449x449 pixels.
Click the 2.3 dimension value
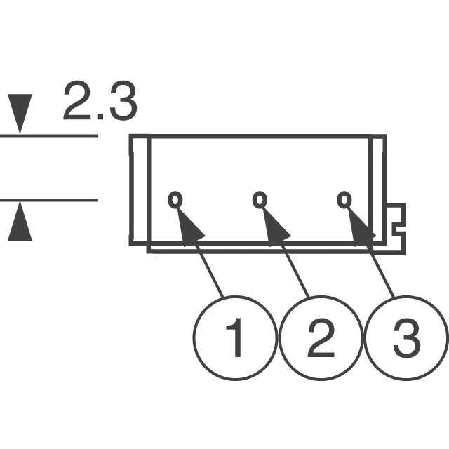tap(100, 101)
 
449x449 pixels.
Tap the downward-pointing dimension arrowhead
tap(20, 114)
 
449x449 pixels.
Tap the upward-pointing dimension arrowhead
tap(20, 221)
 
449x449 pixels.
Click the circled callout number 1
tap(235, 338)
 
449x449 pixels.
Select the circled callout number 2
tap(321, 338)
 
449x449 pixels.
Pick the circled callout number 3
tap(407, 338)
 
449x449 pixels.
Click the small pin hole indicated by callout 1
tap(175, 199)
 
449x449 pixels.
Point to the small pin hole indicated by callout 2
tap(260, 199)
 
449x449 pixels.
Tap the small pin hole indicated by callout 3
tap(344, 199)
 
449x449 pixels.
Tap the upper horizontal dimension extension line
tap(49, 135)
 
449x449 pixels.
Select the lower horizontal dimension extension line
tap(49, 200)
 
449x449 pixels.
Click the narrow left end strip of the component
tap(140, 190)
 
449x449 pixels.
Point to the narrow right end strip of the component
tap(378, 190)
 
